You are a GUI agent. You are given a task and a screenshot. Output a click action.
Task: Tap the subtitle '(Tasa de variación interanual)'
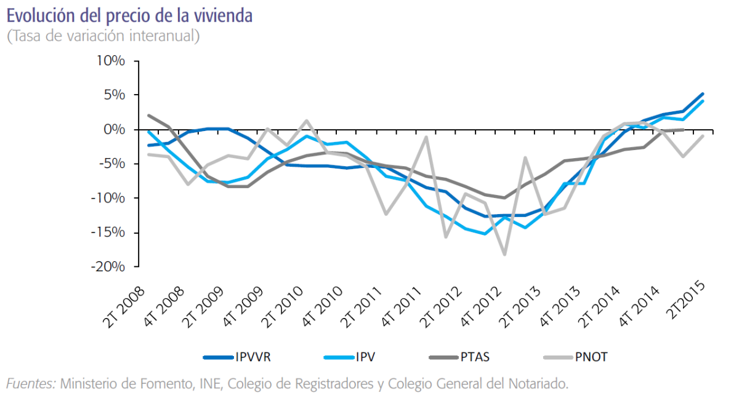coord(103,36)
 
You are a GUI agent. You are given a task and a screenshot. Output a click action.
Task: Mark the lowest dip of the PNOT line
coord(505,254)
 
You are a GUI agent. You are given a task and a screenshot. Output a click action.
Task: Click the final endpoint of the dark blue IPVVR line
coord(703,94)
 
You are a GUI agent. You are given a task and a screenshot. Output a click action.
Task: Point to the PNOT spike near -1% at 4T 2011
coord(426,137)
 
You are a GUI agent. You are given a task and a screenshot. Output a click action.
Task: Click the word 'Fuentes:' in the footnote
coord(30,383)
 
